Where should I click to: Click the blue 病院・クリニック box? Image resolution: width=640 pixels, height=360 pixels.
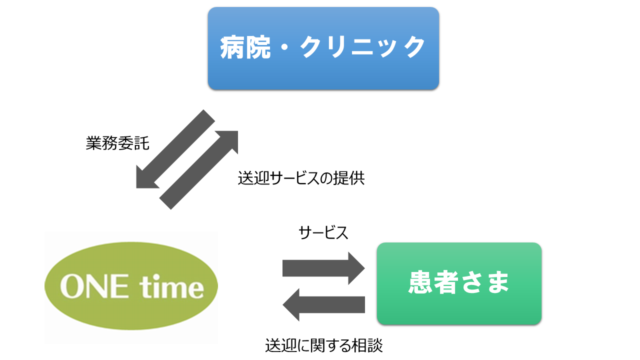click(x=323, y=48)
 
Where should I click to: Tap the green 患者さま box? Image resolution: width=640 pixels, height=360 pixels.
click(x=459, y=283)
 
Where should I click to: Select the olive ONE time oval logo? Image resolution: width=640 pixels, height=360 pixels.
click(x=131, y=286)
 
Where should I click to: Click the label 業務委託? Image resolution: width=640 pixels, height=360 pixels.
click(x=117, y=143)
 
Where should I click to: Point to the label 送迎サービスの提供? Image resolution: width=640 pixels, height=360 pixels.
click(x=301, y=178)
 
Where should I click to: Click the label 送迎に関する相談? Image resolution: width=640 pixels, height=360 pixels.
click(x=323, y=345)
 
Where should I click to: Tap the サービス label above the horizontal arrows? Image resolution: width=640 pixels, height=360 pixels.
click(x=323, y=232)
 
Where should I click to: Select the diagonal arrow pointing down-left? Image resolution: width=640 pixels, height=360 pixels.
click(x=175, y=149)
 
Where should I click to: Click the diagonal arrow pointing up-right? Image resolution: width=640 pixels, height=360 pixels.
click(x=198, y=170)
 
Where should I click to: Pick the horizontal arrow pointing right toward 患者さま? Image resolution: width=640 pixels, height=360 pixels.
click(x=323, y=268)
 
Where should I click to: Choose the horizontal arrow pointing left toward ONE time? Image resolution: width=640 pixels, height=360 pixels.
click(x=323, y=305)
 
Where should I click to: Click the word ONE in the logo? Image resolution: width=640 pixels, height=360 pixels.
click(x=94, y=286)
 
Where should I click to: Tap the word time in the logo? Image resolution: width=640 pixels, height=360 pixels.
click(x=171, y=287)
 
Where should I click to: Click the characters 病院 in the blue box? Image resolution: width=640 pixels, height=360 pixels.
click(x=245, y=47)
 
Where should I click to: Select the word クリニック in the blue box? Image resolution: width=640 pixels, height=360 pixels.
click(x=363, y=47)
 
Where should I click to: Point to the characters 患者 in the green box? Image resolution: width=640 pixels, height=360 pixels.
click(x=433, y=282)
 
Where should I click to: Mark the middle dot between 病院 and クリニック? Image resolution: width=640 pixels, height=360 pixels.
click(x=285, y=47)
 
